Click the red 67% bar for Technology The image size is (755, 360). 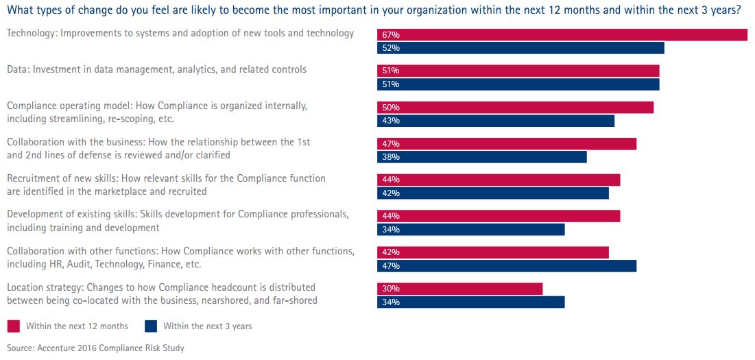(x=562, y=35)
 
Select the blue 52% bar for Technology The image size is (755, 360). (x=520, y=48)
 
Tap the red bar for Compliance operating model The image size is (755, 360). (x=515, y=108)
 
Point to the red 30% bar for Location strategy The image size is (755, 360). (x=459, y=289)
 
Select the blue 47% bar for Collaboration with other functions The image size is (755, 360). (x=507, y=266)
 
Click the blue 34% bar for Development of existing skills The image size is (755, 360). (x=470, y=230)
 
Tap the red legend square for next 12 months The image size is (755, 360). (x=13, y=326)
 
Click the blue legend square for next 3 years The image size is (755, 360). (x=150, y=326)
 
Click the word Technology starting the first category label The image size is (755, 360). (x=30, y=33)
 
